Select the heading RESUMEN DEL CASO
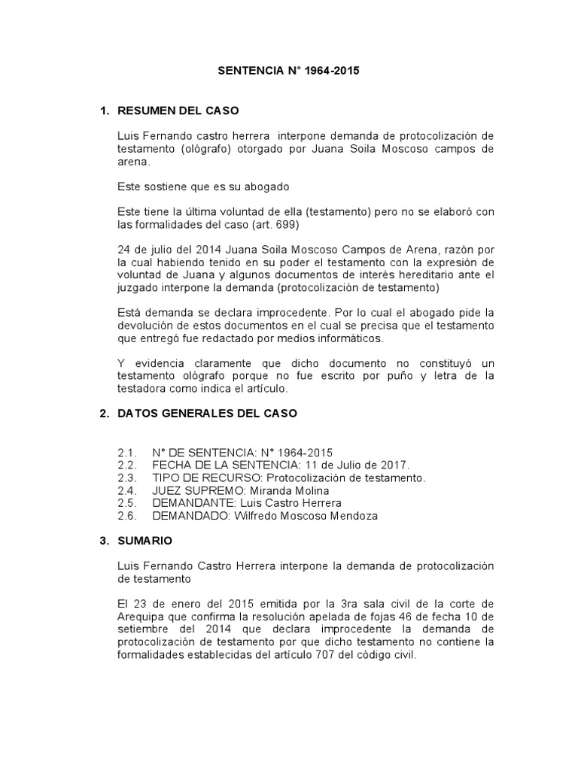click(178, 111)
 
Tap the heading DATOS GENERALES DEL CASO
click(208, 413)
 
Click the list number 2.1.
click(127, 452)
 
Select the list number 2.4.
click(127, 490)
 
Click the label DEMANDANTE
click(189, 503)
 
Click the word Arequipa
click(144, 617)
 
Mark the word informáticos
click(351, 338)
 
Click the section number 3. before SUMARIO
click(105, 540)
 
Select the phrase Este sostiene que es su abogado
click(203, 186)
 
